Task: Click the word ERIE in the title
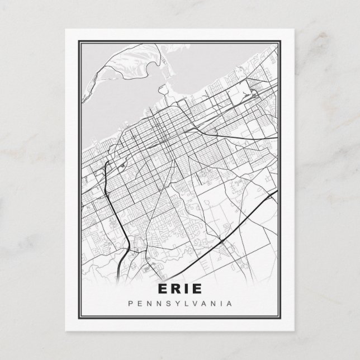[x=180, y=289]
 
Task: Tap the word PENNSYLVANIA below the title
[x=180, y=304]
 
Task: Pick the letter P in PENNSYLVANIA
[x=130, y=304]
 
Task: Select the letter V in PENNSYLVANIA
[x=193, y=304]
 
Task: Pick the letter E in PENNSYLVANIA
[x=140, y=304]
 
